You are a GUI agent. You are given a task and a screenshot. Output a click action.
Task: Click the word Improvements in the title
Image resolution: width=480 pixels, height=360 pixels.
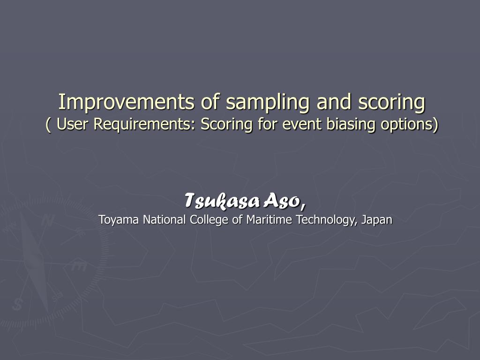126,102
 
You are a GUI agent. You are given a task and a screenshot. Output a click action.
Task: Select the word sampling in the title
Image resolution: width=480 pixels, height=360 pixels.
268,102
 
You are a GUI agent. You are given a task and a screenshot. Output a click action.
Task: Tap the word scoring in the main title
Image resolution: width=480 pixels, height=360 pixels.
392,102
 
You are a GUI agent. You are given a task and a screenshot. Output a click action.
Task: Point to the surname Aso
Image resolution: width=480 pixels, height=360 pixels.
285,202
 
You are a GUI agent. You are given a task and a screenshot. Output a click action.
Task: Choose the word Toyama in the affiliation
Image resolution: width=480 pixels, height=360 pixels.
119,220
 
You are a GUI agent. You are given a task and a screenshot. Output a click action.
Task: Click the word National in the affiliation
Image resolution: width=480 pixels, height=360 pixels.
165,219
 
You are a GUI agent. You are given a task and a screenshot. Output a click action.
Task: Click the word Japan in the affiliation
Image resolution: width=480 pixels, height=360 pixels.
377,220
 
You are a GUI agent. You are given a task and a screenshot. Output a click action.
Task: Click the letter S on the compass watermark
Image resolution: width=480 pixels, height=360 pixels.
18,304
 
